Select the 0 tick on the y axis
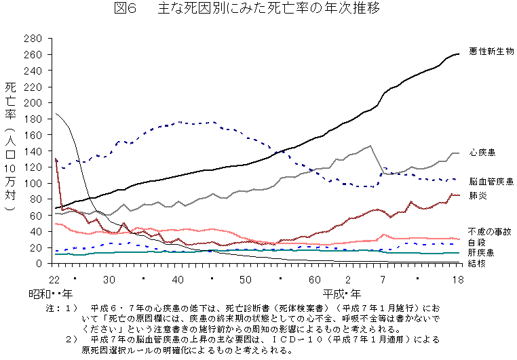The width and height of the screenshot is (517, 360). point(41,264)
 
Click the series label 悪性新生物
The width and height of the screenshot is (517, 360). point(491,52)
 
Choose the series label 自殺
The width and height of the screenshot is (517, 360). point(476,241)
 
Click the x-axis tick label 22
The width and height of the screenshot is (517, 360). point(54,279)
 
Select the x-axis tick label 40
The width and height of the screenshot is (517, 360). point(178,279)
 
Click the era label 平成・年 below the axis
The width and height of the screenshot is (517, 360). point(344,294)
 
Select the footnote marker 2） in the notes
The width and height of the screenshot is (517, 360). point(71,338)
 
